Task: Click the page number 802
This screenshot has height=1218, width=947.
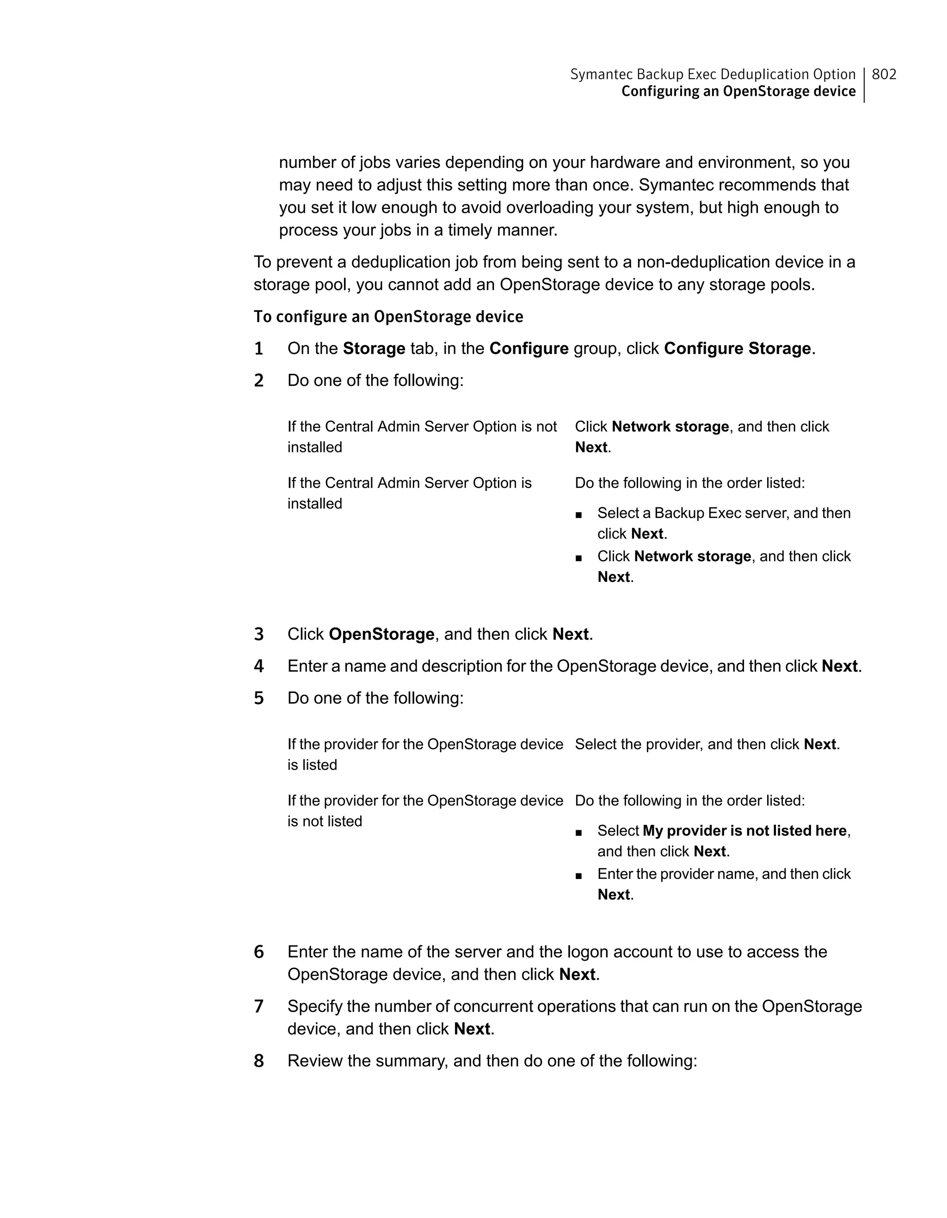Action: point(884,74)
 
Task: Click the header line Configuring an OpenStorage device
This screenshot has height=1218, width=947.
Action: point(738,92)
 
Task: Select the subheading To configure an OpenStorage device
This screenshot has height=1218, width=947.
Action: point(388,317)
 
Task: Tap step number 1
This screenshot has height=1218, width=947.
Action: point(258,349)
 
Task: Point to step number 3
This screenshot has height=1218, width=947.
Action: point(258,635)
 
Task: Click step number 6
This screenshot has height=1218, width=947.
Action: point(258,952)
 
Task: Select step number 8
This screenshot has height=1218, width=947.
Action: point(258,1061)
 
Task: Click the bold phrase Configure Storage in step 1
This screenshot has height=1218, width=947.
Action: point(737,348)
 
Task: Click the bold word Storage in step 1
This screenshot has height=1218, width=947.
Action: point(374,348)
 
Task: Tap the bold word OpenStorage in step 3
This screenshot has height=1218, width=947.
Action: point(381,634)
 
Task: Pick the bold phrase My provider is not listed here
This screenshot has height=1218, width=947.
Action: point(744,830)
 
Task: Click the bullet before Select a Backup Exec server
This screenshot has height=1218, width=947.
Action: point(578,515)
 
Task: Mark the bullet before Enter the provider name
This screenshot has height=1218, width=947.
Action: point(578,876)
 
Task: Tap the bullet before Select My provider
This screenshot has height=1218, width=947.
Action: point(578,833)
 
